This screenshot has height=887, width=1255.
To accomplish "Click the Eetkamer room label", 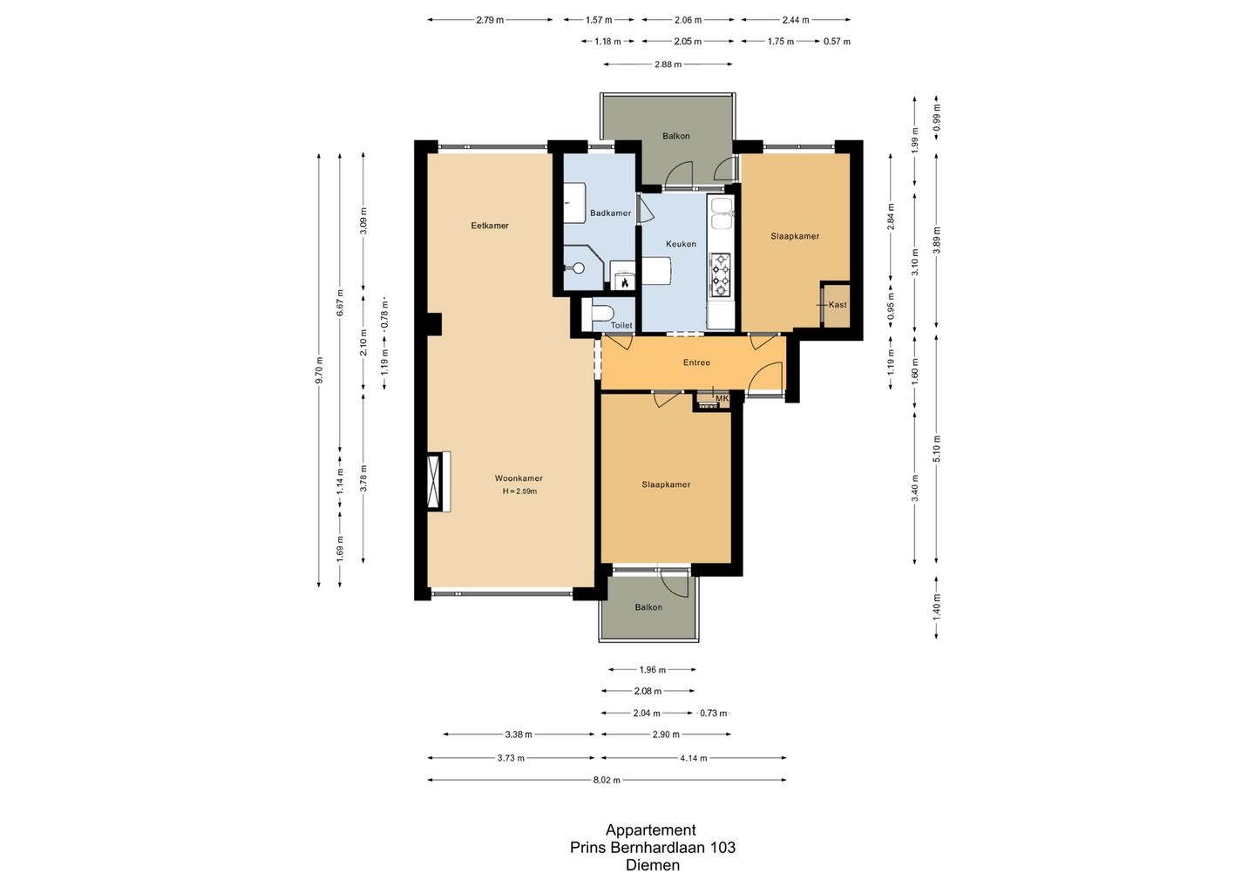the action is (x=490, y=226).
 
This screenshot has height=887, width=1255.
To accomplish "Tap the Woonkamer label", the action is (x=519, y=478).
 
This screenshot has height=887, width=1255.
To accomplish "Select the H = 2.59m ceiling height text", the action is (x=519, y=491).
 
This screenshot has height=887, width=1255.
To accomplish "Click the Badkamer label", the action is (x=610, y=213).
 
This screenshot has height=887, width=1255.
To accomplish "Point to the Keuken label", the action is (x=681, y=244).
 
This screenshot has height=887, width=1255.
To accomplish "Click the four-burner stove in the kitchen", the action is (x=720, y=274).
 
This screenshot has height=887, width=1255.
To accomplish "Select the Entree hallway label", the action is (x=696, y=362).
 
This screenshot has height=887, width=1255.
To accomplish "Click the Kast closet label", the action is (x=837, y=305).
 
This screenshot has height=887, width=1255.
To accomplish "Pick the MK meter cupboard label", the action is (x=722, y=398).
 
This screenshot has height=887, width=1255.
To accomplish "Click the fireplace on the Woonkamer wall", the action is (x=438, y=482).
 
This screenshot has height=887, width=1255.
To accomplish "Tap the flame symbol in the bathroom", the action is (x=624, y=283).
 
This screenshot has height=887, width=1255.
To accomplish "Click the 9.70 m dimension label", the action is (x=319, y=369).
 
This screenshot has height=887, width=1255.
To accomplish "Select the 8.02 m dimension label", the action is (x=607, y=780).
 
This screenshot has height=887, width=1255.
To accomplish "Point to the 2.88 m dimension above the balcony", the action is (x=668, y=64).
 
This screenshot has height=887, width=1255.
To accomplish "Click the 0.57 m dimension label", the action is (x=837, y=42).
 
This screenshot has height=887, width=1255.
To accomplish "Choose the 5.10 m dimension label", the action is (x=937, y=449).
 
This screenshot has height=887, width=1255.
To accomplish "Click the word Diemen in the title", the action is (x=653, y=864).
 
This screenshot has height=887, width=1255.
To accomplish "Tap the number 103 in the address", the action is (x=722, y=847).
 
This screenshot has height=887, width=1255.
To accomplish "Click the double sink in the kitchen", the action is (x=722, y=214).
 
